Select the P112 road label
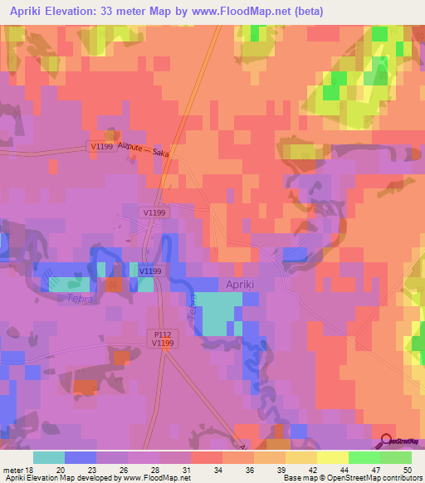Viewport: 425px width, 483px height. (x=162, y=332)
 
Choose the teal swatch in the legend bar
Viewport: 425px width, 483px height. (x=48, y=456)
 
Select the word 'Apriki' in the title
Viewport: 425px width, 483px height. (x=32, y=12)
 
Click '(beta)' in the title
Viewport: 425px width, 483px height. (x=305, y=12)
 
